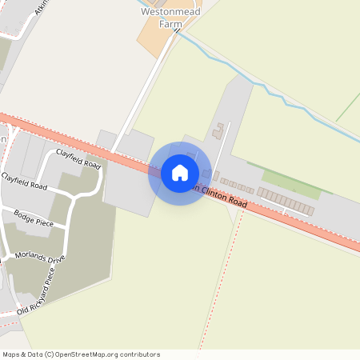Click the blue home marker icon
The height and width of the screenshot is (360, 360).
(x=180, y=173)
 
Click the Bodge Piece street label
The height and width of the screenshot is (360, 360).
(x=34, y=218)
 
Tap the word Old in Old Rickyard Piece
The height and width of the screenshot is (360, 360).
(x=23, y=307)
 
